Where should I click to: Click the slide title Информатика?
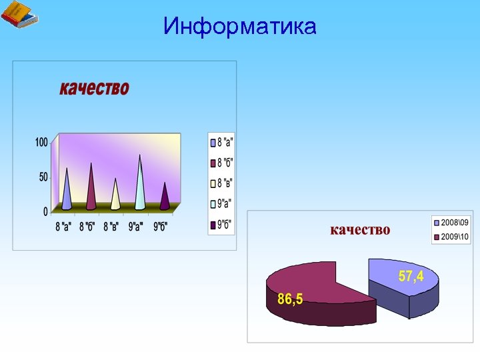(x=239, y=27)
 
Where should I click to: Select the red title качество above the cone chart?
(x=94, y=88)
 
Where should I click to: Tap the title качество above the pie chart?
(x=361, y=230)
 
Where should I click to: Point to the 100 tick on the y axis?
(x=41, y=142)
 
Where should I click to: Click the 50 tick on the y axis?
(x=43, y=177)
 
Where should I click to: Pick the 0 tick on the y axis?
(x=45, y=212)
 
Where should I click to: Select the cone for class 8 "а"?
(x=67, y=193)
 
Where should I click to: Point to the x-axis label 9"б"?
(x=161, y=227)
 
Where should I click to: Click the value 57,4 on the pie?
(x=411, y=276)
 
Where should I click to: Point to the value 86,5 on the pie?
(x=290, y=299)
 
